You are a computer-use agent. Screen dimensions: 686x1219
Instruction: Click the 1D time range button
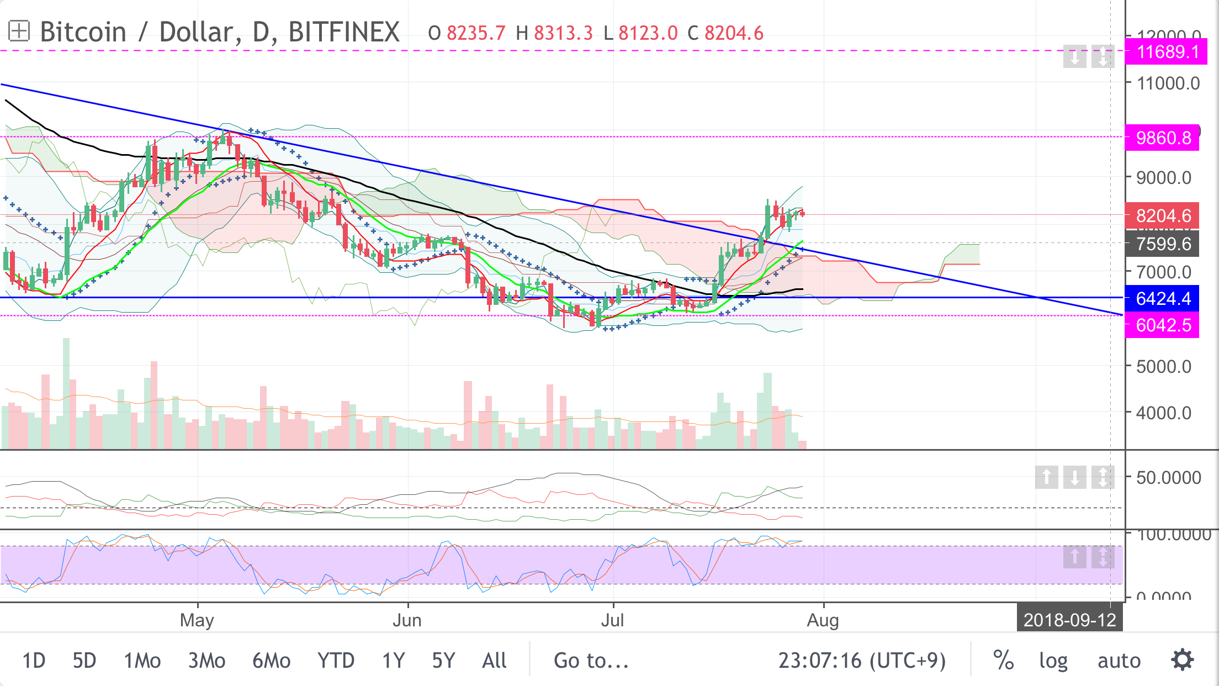[34, 661]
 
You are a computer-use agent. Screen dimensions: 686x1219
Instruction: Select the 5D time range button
[84, 661]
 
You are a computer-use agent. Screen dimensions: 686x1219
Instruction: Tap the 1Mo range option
[142, 661]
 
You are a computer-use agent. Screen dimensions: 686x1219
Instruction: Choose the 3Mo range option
[206, 661]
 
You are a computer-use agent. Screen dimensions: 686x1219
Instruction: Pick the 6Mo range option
[271, 661]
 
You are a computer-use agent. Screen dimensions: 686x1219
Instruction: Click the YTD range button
[336, 661]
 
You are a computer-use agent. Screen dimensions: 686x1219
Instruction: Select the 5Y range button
[443, 661]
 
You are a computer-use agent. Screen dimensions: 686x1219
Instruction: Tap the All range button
[494, 661]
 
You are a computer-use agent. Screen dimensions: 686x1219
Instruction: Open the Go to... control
[591, 661]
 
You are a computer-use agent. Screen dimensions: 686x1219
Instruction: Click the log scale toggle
[1053, 661]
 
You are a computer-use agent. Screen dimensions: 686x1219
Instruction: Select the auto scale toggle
[1119, 661]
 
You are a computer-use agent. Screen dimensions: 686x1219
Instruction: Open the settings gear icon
[1183, 660]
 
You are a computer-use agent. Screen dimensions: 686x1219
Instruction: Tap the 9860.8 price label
[1162, 138]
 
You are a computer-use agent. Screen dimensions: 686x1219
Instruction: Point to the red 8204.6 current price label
[1162, 216]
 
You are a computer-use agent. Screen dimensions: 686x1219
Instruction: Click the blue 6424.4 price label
[1162, 299]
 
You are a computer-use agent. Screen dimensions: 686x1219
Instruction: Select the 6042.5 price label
[1162, 325]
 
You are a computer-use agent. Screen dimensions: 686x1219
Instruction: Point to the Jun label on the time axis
[407, 620]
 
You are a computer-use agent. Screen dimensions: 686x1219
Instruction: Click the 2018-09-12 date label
[1069, 620]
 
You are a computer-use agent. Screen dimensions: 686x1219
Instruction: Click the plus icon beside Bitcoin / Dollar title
[18, 31]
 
